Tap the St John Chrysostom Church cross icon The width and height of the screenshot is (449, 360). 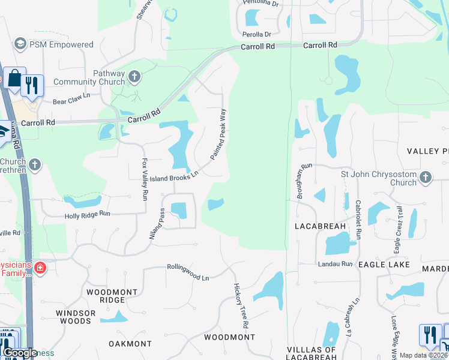426,177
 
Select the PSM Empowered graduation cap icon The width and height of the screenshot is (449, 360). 19,44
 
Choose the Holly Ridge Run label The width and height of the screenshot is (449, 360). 88,214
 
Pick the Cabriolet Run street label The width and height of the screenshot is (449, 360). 358,220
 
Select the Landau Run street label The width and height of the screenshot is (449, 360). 334,263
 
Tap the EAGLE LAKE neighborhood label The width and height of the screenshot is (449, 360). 384,264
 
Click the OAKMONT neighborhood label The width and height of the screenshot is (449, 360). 130,344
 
